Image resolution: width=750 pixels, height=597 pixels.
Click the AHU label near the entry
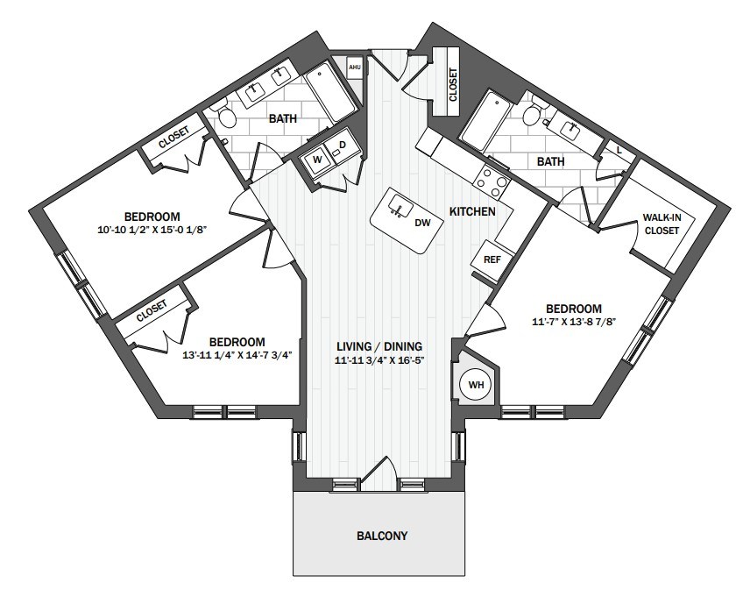pos(355,68)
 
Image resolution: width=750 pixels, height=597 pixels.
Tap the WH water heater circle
pos(476,385)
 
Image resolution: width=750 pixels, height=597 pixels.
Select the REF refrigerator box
pos(492,259)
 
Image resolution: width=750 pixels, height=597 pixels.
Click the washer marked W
pos(317,160)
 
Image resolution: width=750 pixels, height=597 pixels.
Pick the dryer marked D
pos(343,145)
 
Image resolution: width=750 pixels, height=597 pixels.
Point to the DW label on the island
pos(422,223)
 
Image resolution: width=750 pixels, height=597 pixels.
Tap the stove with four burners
pos(492,182)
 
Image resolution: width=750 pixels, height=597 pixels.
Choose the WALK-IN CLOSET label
pos(662,224)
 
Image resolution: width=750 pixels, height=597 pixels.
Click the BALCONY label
pos(382,536)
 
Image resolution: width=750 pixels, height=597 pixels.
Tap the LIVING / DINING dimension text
pos(379,360)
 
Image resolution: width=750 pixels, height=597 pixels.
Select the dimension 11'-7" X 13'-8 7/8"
pos(574,322)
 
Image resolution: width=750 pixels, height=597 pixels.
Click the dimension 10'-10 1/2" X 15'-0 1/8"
pos(152,230)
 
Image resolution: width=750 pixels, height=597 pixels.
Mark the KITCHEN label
pos(472,211)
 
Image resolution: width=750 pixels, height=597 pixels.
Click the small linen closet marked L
pos(619,150)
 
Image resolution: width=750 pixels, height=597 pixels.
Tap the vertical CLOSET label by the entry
pos(452,84)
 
